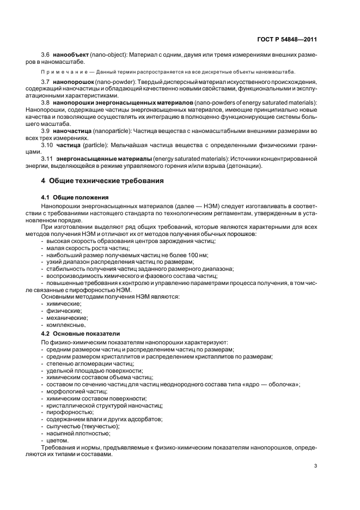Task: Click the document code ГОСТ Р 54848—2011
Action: pos(286,40)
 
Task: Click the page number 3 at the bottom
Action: pos(316,466)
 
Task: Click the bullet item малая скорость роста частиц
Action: pos(84,248)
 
